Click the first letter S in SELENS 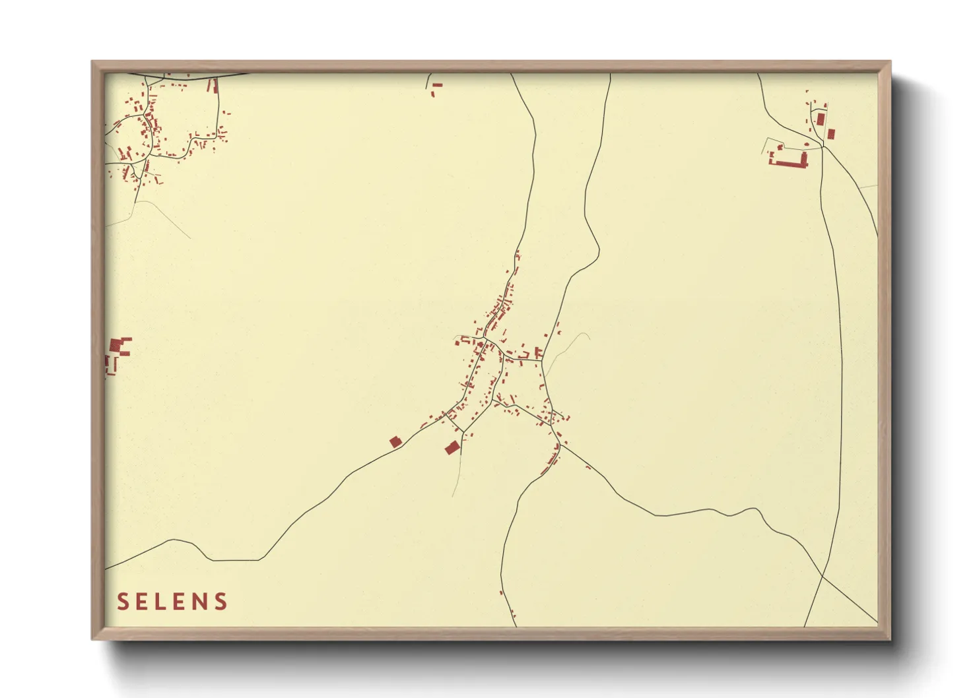(123, 602)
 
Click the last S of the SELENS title (221, 602)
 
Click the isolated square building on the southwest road (395, 441)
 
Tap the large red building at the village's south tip (452, 448)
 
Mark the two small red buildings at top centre (436, 88)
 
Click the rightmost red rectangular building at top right (831, 134)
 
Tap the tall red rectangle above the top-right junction (821, 119)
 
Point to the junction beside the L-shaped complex (823, 146)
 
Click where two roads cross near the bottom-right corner (823, 577)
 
